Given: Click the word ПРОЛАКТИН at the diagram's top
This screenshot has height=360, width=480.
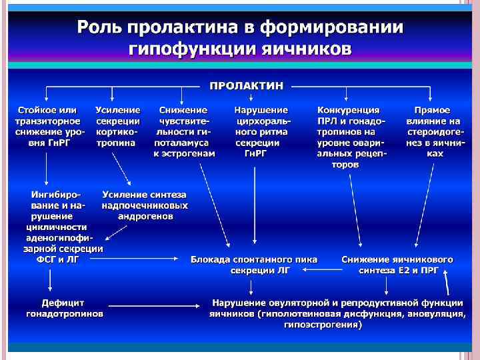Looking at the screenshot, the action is point(246,86).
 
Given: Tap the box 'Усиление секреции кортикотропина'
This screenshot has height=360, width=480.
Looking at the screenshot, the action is point(117,126).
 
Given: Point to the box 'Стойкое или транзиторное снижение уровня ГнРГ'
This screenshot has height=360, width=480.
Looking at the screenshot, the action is point(48,126).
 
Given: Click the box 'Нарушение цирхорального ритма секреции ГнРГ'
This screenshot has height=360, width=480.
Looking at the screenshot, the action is point(261,131).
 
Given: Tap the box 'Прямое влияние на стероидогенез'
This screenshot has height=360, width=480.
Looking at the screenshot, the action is point(433,131).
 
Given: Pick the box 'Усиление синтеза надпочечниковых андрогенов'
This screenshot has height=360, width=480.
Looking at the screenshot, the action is point(145,205).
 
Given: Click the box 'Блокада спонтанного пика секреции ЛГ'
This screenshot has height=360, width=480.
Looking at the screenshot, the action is point(254,265).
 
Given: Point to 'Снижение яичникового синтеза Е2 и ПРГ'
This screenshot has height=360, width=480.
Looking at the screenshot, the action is point(397,265).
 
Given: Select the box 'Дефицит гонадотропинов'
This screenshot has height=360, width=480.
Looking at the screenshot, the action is point(65,308).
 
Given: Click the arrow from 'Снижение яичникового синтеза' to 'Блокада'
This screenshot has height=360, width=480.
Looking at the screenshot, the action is point(321,270).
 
